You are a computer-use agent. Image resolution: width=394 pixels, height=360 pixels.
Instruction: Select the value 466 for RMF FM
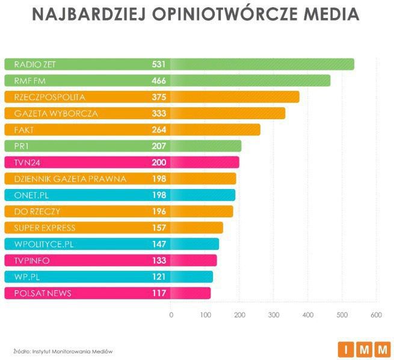tap(160, 81)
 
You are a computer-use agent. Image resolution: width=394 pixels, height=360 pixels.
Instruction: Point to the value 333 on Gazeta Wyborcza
tap(160, 113)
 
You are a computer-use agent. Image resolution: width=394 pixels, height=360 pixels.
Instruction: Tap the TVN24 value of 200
tap(160, 162)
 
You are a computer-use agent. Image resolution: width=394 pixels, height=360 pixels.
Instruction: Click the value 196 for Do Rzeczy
tap(160, 211)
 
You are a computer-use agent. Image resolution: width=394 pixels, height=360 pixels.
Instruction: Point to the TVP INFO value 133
tap(160, 260)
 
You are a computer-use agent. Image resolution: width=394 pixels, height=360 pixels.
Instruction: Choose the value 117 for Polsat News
tap(160, 293)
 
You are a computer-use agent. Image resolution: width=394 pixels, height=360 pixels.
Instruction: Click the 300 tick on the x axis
tap(274, 315)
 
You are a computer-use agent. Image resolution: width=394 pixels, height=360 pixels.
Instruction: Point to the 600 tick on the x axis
tap(377, 315)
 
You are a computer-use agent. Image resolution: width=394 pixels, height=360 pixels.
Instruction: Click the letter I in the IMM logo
tap(346, 349)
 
